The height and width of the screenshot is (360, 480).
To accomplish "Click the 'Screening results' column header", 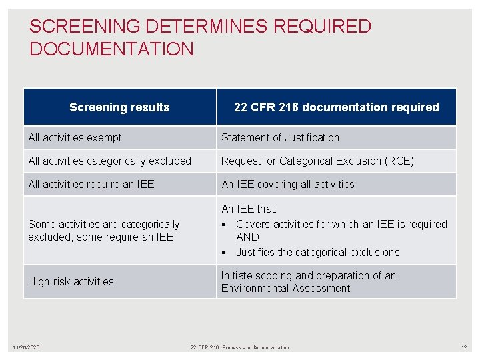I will pyautogui.click(x=119, y=107).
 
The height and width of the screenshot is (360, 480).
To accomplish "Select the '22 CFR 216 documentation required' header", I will pyautogui.click(x=336, y=107).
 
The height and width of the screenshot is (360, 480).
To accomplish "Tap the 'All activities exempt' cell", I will pyautogui.click(x=75, y=138).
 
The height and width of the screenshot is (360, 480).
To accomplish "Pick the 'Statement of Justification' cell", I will pyautogui.click(x=280, y=138).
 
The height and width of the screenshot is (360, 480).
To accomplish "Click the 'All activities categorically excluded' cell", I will pyautogui.click(x=109, y=161).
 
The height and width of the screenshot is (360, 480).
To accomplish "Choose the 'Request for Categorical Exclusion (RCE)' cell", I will pyautogui.click(x=317, y=161).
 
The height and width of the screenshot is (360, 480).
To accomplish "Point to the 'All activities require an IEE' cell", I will pyautogui.click(x=91, y=184).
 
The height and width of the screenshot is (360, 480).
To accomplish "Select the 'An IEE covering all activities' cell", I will pyautogui.click(x=287, y=184).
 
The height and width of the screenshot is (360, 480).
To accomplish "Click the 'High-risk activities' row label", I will pyautogui.click(x=71, y=281).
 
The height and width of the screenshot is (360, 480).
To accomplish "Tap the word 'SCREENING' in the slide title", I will pyautogui.click(x=85, y=27).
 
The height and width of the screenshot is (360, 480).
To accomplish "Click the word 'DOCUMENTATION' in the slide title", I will pyautogui.click(x=111, y=49).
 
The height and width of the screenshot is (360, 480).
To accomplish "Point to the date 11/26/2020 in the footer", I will pyautogui.click(x=26, y=347).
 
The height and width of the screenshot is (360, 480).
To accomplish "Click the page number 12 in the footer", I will pyautogui.click(x=464, y=347).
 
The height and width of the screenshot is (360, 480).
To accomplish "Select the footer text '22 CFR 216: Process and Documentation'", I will pyautogui.click(x=239, y=347).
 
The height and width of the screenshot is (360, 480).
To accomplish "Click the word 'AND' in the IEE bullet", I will pyautogui.click(x=247, y=237).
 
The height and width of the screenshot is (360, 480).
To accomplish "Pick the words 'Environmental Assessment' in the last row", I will pyautogui.click(x=285, y=288).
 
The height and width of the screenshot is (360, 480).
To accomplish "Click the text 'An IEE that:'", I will pyautogui.click(x=249, y=209).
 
